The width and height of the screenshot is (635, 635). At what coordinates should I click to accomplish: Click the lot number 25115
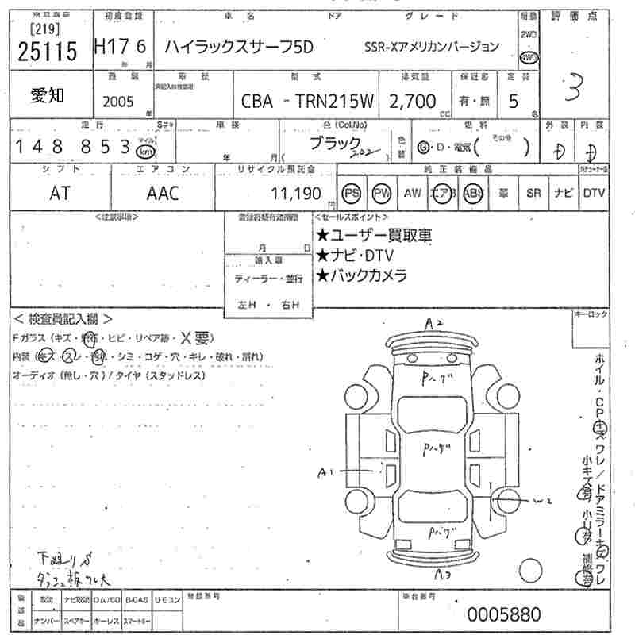click(46, 52)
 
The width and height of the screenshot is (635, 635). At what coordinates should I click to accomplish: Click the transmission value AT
click(60, 193)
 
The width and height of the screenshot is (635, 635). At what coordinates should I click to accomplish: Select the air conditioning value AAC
click(163, 193)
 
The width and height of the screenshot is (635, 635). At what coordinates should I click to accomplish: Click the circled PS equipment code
click(351, 193)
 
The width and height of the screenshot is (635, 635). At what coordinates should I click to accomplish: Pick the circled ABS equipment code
click(473, 193)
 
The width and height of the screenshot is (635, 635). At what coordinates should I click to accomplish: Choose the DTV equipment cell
click(594, 193)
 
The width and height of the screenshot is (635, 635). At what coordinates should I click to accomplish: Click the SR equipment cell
click(533, 193)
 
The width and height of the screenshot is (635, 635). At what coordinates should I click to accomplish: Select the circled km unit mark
click(145, 150)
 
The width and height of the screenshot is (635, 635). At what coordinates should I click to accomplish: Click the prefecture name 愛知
click(48, 95)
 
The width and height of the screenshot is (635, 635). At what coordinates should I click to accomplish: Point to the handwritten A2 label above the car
click(433, 323)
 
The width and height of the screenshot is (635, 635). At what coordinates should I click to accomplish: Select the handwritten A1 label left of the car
click(325, 473)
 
